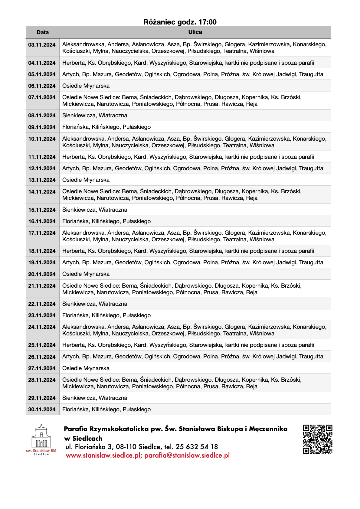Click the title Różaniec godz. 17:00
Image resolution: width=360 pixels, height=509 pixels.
[180, 22]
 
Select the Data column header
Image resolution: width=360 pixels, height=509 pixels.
[43, 32]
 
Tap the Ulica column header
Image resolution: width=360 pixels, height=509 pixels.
[195, 32]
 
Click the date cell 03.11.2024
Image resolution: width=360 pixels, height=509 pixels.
[42, 45]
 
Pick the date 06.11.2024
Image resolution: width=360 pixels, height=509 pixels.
[42, 86]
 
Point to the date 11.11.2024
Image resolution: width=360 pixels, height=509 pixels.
[42, 157]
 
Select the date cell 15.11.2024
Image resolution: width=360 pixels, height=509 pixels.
[42, 210]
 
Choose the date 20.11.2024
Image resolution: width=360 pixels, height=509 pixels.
[42, 274]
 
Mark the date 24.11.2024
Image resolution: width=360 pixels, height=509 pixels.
[42, 327]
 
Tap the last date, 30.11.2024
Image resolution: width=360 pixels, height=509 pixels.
[42, 409]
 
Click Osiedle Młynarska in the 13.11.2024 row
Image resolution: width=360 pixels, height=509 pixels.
[86, 180]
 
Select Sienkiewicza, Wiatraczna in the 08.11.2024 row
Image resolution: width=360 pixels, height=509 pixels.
[95, 116]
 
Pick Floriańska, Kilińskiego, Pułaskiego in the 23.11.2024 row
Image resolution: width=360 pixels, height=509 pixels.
[106, 315]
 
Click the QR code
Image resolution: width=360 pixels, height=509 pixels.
[317, 439]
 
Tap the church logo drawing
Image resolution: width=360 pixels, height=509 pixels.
[41, 436]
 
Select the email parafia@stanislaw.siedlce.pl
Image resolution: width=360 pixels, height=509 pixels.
[187, 455]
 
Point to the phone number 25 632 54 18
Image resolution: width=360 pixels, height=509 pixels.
[197, 447]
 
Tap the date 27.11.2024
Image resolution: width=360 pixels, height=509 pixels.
[42, 368]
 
